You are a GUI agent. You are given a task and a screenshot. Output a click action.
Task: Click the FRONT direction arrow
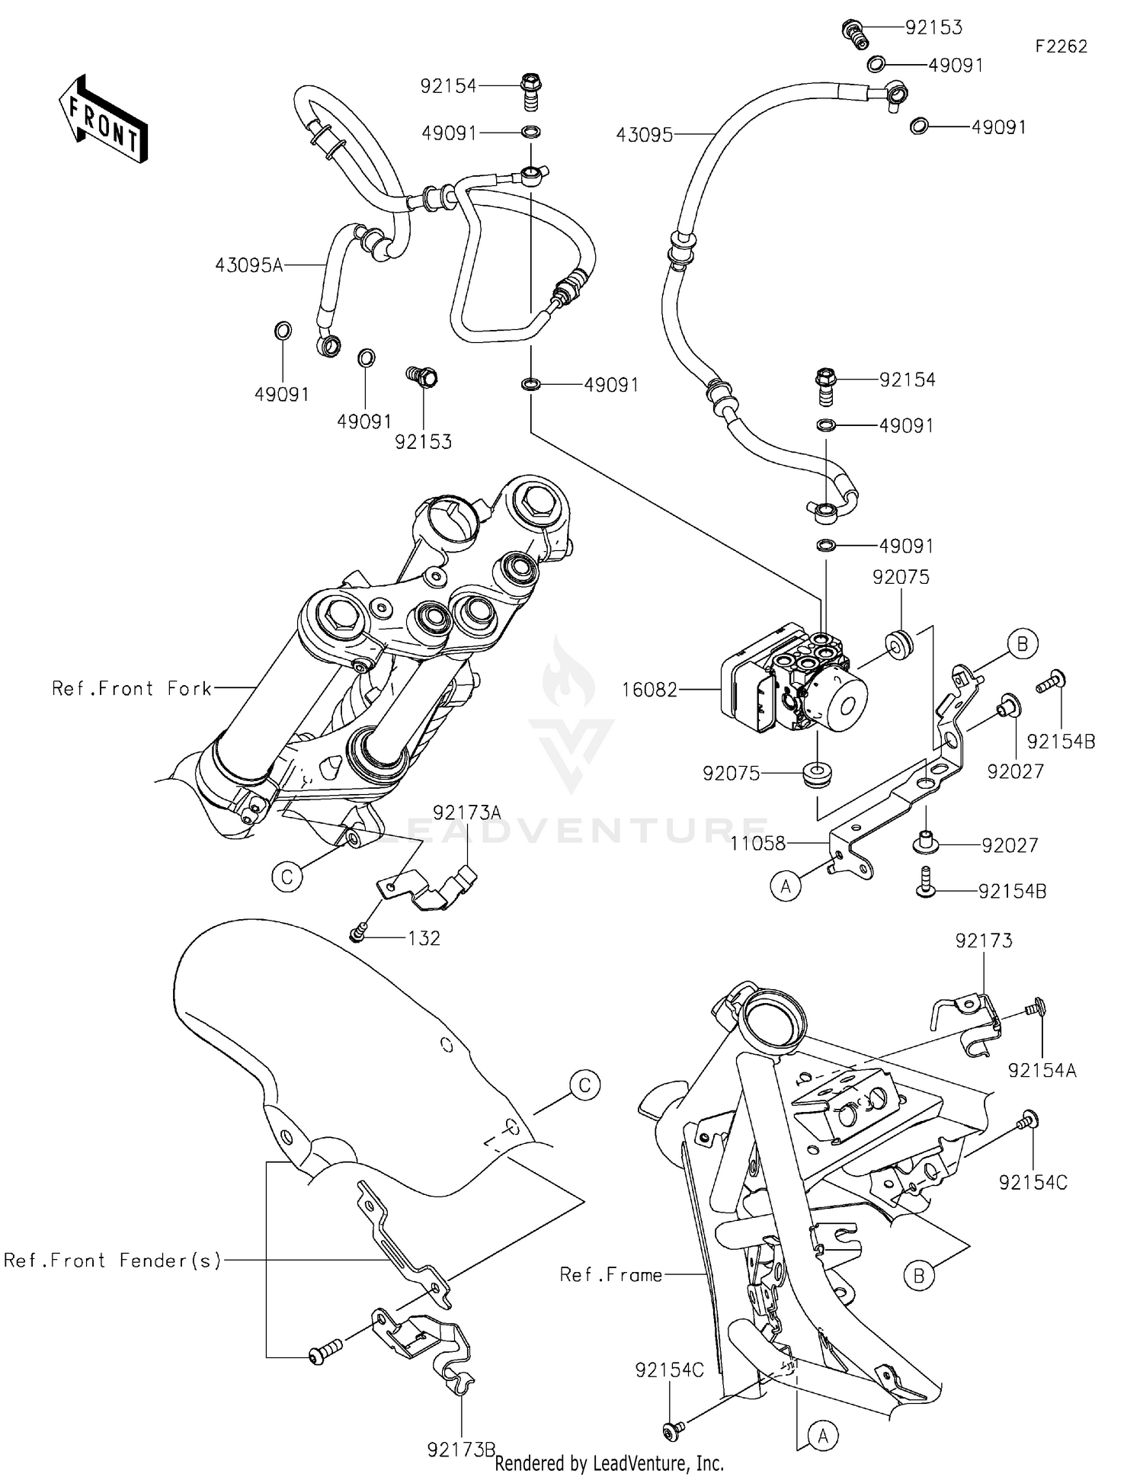click(103, 120)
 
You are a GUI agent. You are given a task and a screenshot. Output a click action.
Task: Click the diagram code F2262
click(1061, 46)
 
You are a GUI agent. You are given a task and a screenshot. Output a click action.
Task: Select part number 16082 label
click(649, 690)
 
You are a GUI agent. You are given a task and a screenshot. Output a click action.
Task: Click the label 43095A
click(249, 265)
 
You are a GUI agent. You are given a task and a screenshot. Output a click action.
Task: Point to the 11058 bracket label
click(757, 843)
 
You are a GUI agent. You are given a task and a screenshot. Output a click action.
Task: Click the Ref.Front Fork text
click(132, 688)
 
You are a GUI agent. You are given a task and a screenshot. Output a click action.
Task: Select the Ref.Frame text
click(610, 1274)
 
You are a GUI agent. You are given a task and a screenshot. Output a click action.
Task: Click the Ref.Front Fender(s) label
click(113, 1261)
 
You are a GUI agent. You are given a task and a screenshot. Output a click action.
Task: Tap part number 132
click(424, 938)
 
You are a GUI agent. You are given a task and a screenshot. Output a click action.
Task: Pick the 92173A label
click(467, 812)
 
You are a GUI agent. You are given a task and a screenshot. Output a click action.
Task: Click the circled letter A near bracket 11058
click(786, 887)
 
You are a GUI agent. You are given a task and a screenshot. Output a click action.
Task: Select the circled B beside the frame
click(918, 1275)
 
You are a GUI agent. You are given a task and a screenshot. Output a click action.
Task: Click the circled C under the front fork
click(287, 877)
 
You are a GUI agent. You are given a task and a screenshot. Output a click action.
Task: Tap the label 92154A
click(1042, 1071)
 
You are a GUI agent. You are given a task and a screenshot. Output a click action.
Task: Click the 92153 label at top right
click(933, 27)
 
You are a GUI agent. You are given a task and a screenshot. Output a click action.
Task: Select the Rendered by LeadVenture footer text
click(609, 1463)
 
